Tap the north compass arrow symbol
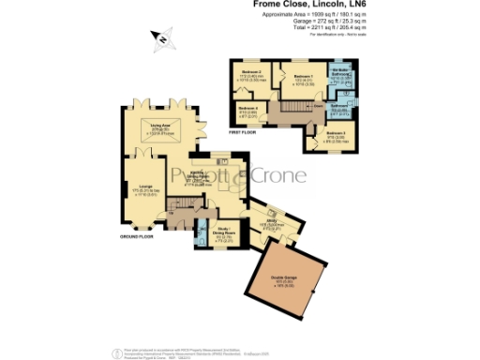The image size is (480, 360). pyautogui.click(x=162, y=39)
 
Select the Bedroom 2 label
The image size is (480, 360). pyautogui.click(x=250, y=72)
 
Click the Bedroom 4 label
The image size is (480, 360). pyautogui.click(x=247, y=110)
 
